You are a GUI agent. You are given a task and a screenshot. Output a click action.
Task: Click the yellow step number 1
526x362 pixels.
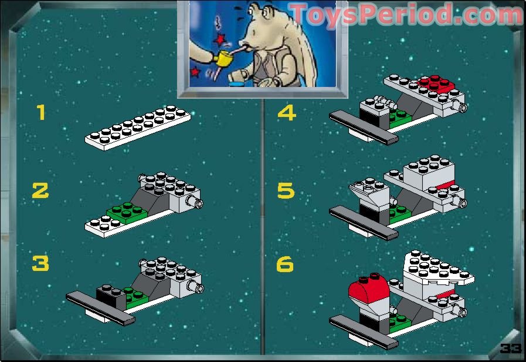41,112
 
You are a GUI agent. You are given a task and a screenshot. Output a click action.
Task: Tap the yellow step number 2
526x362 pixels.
40,190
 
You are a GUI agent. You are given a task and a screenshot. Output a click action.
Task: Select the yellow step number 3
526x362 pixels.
40,263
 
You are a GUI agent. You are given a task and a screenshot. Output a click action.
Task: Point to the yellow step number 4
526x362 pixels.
287,113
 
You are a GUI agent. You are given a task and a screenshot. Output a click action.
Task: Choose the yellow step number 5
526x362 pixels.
286,190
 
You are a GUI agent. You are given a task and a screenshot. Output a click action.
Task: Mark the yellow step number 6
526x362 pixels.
285,264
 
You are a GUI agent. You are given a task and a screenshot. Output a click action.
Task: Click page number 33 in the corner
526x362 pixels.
510,348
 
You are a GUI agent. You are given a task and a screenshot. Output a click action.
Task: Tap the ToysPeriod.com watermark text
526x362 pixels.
406,14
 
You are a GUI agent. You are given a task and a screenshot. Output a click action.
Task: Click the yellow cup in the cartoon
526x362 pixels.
223,59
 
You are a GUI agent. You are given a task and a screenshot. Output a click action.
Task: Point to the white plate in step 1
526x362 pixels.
138,128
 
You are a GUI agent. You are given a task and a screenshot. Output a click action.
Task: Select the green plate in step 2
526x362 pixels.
127,213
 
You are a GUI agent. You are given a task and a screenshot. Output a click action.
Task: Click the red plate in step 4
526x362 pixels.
436,83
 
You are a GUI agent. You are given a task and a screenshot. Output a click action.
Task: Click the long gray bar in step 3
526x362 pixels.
101,308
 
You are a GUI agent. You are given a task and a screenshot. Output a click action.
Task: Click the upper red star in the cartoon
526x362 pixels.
220,39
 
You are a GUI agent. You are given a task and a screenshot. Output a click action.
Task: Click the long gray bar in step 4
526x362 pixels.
364,128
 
